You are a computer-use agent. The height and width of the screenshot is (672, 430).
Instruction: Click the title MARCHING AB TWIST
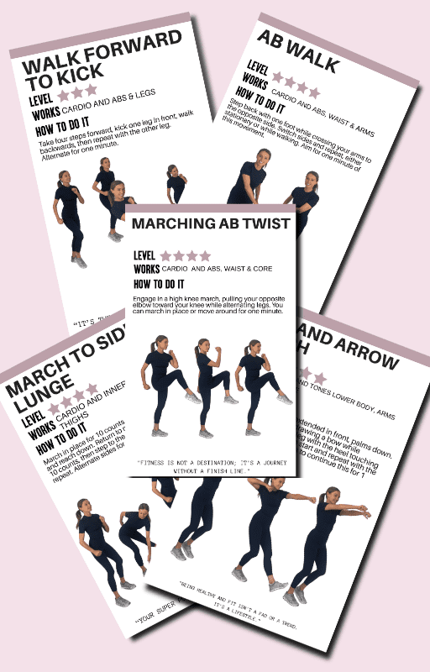tap(211, 223)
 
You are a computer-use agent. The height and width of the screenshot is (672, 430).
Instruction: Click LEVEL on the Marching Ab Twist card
tap(145, 255)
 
